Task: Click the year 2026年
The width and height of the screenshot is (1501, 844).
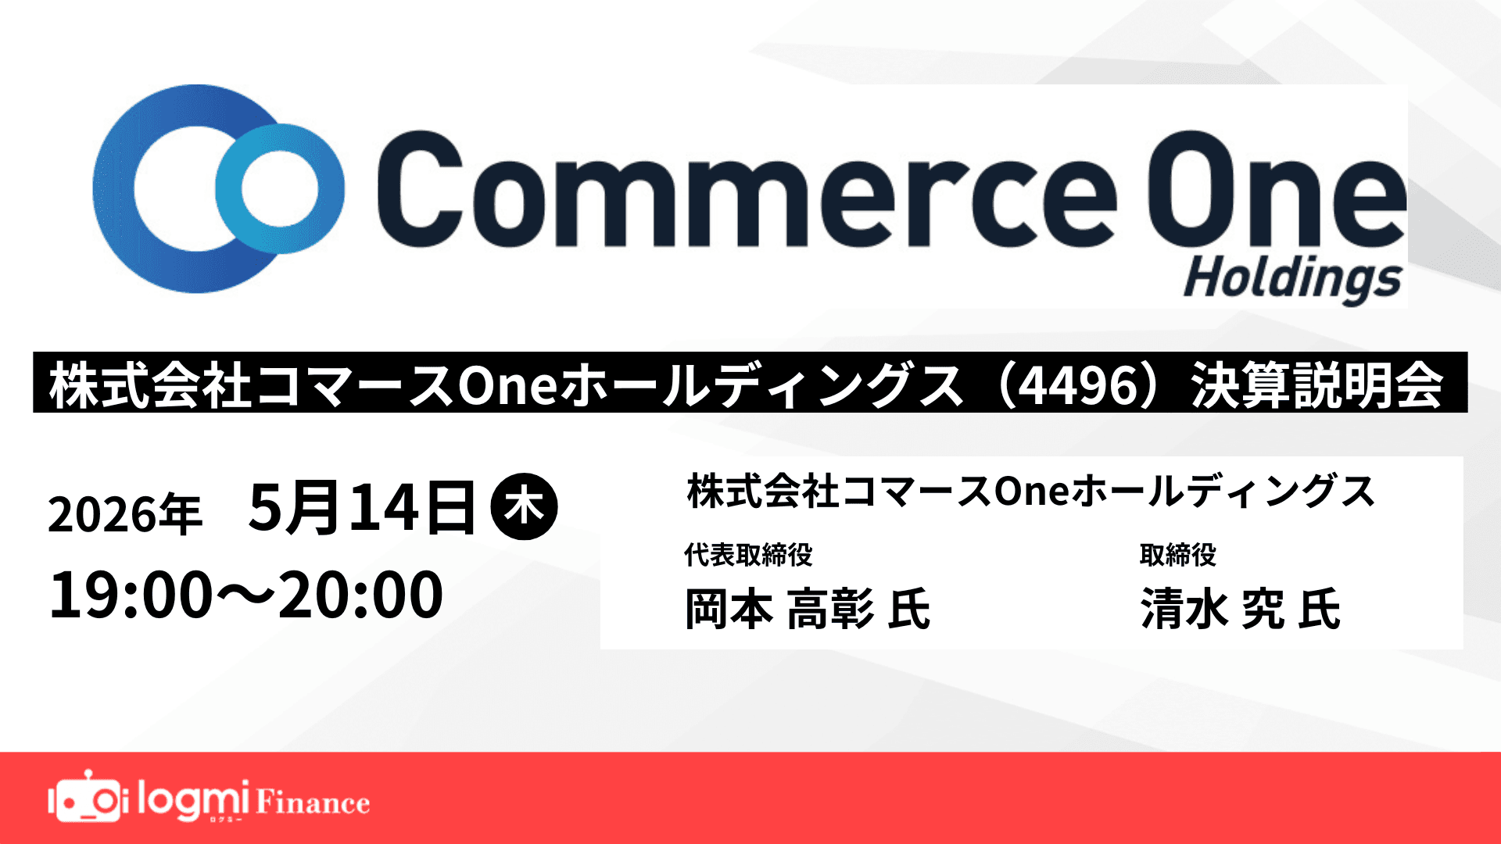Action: tap(125, 514)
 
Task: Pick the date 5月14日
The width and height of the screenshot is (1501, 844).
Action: tap(362, 508)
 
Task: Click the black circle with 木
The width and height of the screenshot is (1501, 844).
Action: tap(524, 507)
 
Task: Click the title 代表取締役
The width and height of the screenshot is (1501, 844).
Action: tap(748, 555)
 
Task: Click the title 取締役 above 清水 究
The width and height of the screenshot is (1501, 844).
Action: tap(1177, 555)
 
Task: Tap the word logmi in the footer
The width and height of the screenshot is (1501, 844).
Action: tap(193, 799)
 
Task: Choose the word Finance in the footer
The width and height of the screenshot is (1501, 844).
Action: tap(313, 803)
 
